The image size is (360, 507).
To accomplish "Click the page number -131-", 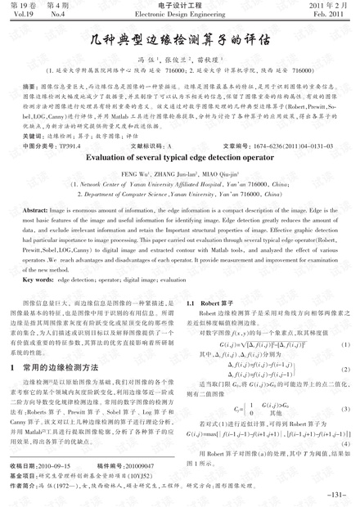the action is point(336,495).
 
